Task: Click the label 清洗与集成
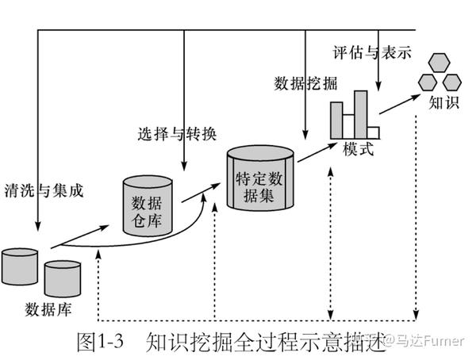(44, 190)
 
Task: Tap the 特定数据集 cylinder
(260, 180)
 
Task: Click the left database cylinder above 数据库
(21, 267)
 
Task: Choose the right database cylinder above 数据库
(63, 278)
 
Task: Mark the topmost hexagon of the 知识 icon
(439, 62)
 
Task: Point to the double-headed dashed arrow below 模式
(329, 238)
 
